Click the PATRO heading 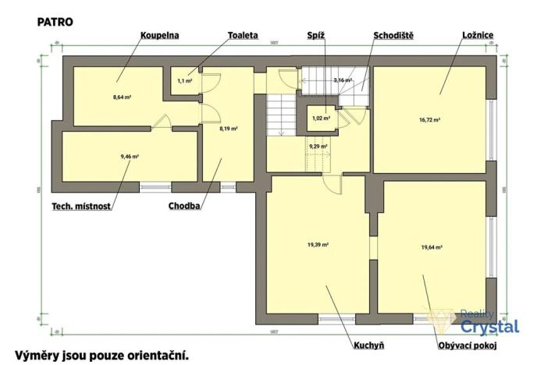(x=55, y=22)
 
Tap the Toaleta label (x=244, y=36)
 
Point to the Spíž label (x=316, y=36)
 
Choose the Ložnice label (x=478, y=36)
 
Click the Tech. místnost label (x=81, y=207)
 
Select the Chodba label (x=185, y=207)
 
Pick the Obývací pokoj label (x=468, y=343)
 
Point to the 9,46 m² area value (x=130, y=157)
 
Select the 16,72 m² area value (x=431, y=120)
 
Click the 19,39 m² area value (x=318, y=244)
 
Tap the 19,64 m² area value (x=432, y=247)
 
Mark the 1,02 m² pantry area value (x=321, y=119)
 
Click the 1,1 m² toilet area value (x=184, y=80)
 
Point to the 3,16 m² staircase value (x=343, y=80)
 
